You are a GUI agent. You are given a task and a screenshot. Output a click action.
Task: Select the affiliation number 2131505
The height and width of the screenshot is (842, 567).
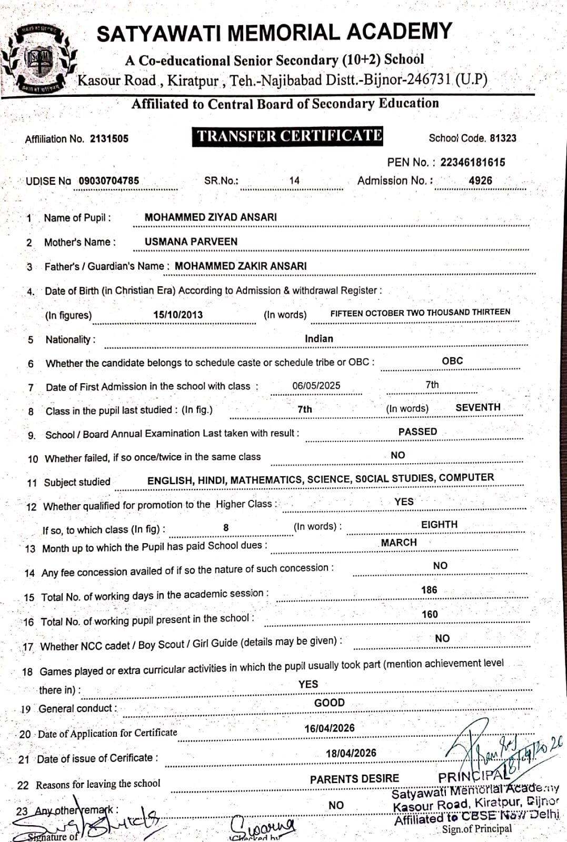pyautogui.click(x=109, y=139)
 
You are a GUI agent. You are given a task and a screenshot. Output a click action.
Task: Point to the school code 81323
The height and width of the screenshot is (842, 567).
pyautogui.click(x=503, y=138)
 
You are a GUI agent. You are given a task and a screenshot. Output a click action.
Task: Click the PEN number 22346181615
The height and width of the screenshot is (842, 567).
pyautogui.click(x=472, y=162)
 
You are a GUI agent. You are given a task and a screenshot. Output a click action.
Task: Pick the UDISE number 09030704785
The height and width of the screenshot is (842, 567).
pyautogui.click(x=109, y=181)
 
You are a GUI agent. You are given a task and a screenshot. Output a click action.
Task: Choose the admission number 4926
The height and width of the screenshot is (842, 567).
pyautogui.click(x=480, y=181)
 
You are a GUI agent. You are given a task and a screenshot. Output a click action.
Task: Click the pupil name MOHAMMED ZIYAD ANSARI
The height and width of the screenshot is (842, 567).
pyautogui.click(x=211, y=217)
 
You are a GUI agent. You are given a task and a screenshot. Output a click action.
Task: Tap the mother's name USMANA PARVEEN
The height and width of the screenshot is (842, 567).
pyautogui.click(x=191, y=242)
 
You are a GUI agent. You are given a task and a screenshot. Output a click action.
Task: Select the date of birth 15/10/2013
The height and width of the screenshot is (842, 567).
pyautogui.click(x=178, y=315)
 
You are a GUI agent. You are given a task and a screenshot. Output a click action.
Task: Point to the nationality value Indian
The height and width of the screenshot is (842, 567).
pyautogui.click(x=319, y=339)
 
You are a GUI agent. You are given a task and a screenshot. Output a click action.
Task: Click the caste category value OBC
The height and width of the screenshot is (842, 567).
pyautogui.click(x=452, y=361)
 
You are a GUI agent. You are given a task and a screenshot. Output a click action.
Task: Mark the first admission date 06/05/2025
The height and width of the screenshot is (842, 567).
pyautogui.click(x=316, y=386)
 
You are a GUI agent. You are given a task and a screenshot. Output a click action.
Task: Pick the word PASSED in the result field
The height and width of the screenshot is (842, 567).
pyautogui.click(x=417, y=432)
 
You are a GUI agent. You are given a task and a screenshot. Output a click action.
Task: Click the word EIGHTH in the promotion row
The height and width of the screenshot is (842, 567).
pyautogui.click(x=439, y=525)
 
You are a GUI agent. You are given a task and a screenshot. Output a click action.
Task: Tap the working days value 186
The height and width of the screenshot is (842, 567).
pyautogui.click(x=429, y=590)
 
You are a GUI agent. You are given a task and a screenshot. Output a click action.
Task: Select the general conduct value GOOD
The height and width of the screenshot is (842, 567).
pyautogui.click(x=330, y=703)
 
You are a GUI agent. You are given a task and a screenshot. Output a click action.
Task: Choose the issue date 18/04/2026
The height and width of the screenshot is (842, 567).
pyautogui.click(x=351, y=753)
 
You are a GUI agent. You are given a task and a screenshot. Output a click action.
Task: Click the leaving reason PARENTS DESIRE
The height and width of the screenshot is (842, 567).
pyautogui.click(x=354, y=779)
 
